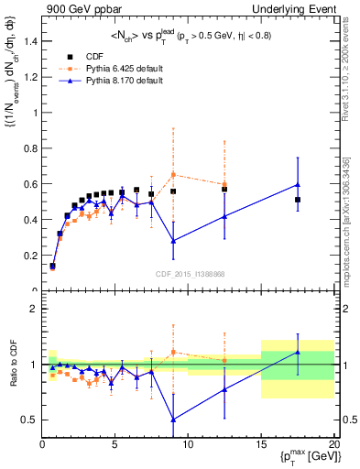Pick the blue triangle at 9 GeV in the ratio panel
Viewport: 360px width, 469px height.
[x=173, y=420]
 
